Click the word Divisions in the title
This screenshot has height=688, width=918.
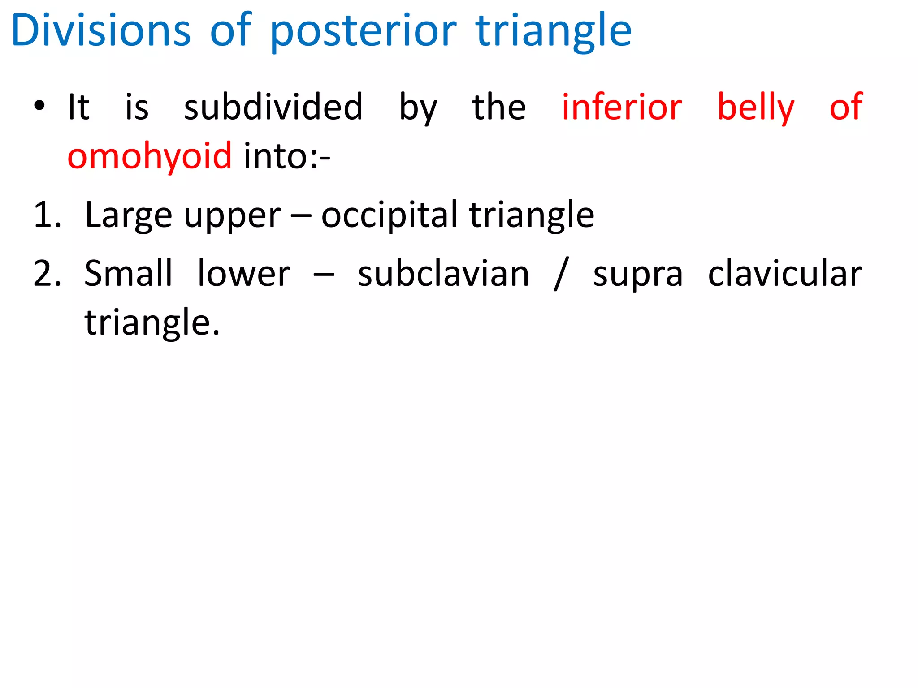101,30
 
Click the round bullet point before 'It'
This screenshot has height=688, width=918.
39,106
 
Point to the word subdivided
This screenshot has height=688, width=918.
273,107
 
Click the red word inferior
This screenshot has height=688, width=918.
622,107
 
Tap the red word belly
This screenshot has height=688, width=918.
756,108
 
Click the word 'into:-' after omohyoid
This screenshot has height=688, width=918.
287,156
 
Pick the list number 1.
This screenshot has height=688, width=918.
47,215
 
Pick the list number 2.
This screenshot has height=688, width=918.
47,274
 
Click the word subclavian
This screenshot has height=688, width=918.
443,274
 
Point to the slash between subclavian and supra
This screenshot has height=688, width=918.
561,274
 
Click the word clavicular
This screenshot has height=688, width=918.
785,274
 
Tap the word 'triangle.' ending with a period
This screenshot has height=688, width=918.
152,322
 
